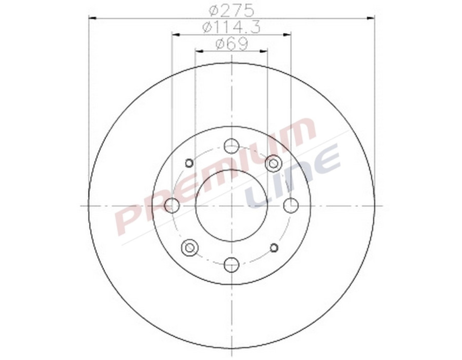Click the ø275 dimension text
click(x=232, y=10)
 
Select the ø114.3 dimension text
click(x=232, y=27)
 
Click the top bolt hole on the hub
click(x=232, y=146)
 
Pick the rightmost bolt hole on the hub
click(x=291, y=206)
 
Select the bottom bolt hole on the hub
click(x=232, y=265)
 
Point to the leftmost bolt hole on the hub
click(x=172, y=206)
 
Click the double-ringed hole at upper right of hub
click(x=274, y=164)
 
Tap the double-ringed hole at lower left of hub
click(x=189, y=248)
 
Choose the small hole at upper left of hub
click(x=188, y=163)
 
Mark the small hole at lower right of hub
click(x=274, y=248)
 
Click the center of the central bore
click(x=232, y=206)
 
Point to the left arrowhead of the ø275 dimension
click(x=93, y=18)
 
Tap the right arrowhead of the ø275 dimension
click(x=370, y=18)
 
